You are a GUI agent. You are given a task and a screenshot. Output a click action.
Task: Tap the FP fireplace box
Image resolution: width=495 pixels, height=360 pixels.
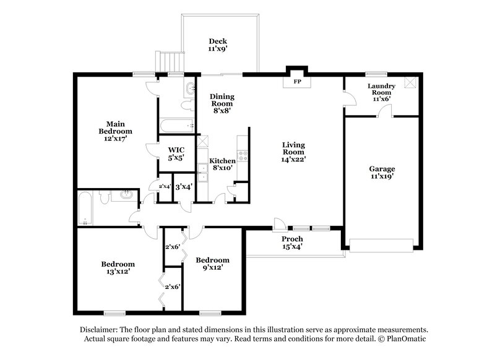[x=296, y=81]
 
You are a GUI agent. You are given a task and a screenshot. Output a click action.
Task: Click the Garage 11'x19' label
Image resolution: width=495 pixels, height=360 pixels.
[x=382, y=172]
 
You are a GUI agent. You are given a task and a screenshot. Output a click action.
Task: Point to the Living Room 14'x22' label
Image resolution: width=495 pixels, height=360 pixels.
[x=294, y=152]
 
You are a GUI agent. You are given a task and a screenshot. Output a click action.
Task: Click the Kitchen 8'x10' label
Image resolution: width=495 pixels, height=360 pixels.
[x=222, y=165]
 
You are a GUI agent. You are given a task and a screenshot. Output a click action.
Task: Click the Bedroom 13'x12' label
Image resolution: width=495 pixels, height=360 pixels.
[x=116, y=268]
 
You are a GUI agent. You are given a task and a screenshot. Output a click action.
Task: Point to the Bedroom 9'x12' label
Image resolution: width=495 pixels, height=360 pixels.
[x=212, y=264]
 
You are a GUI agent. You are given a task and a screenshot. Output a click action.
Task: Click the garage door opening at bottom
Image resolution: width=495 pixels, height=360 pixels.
[x=382, y=244]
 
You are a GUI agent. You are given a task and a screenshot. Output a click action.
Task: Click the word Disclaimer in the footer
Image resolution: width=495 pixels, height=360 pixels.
[x=102, y=330]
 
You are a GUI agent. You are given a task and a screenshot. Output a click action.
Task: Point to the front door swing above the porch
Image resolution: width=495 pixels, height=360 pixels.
[x=280, y=223]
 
